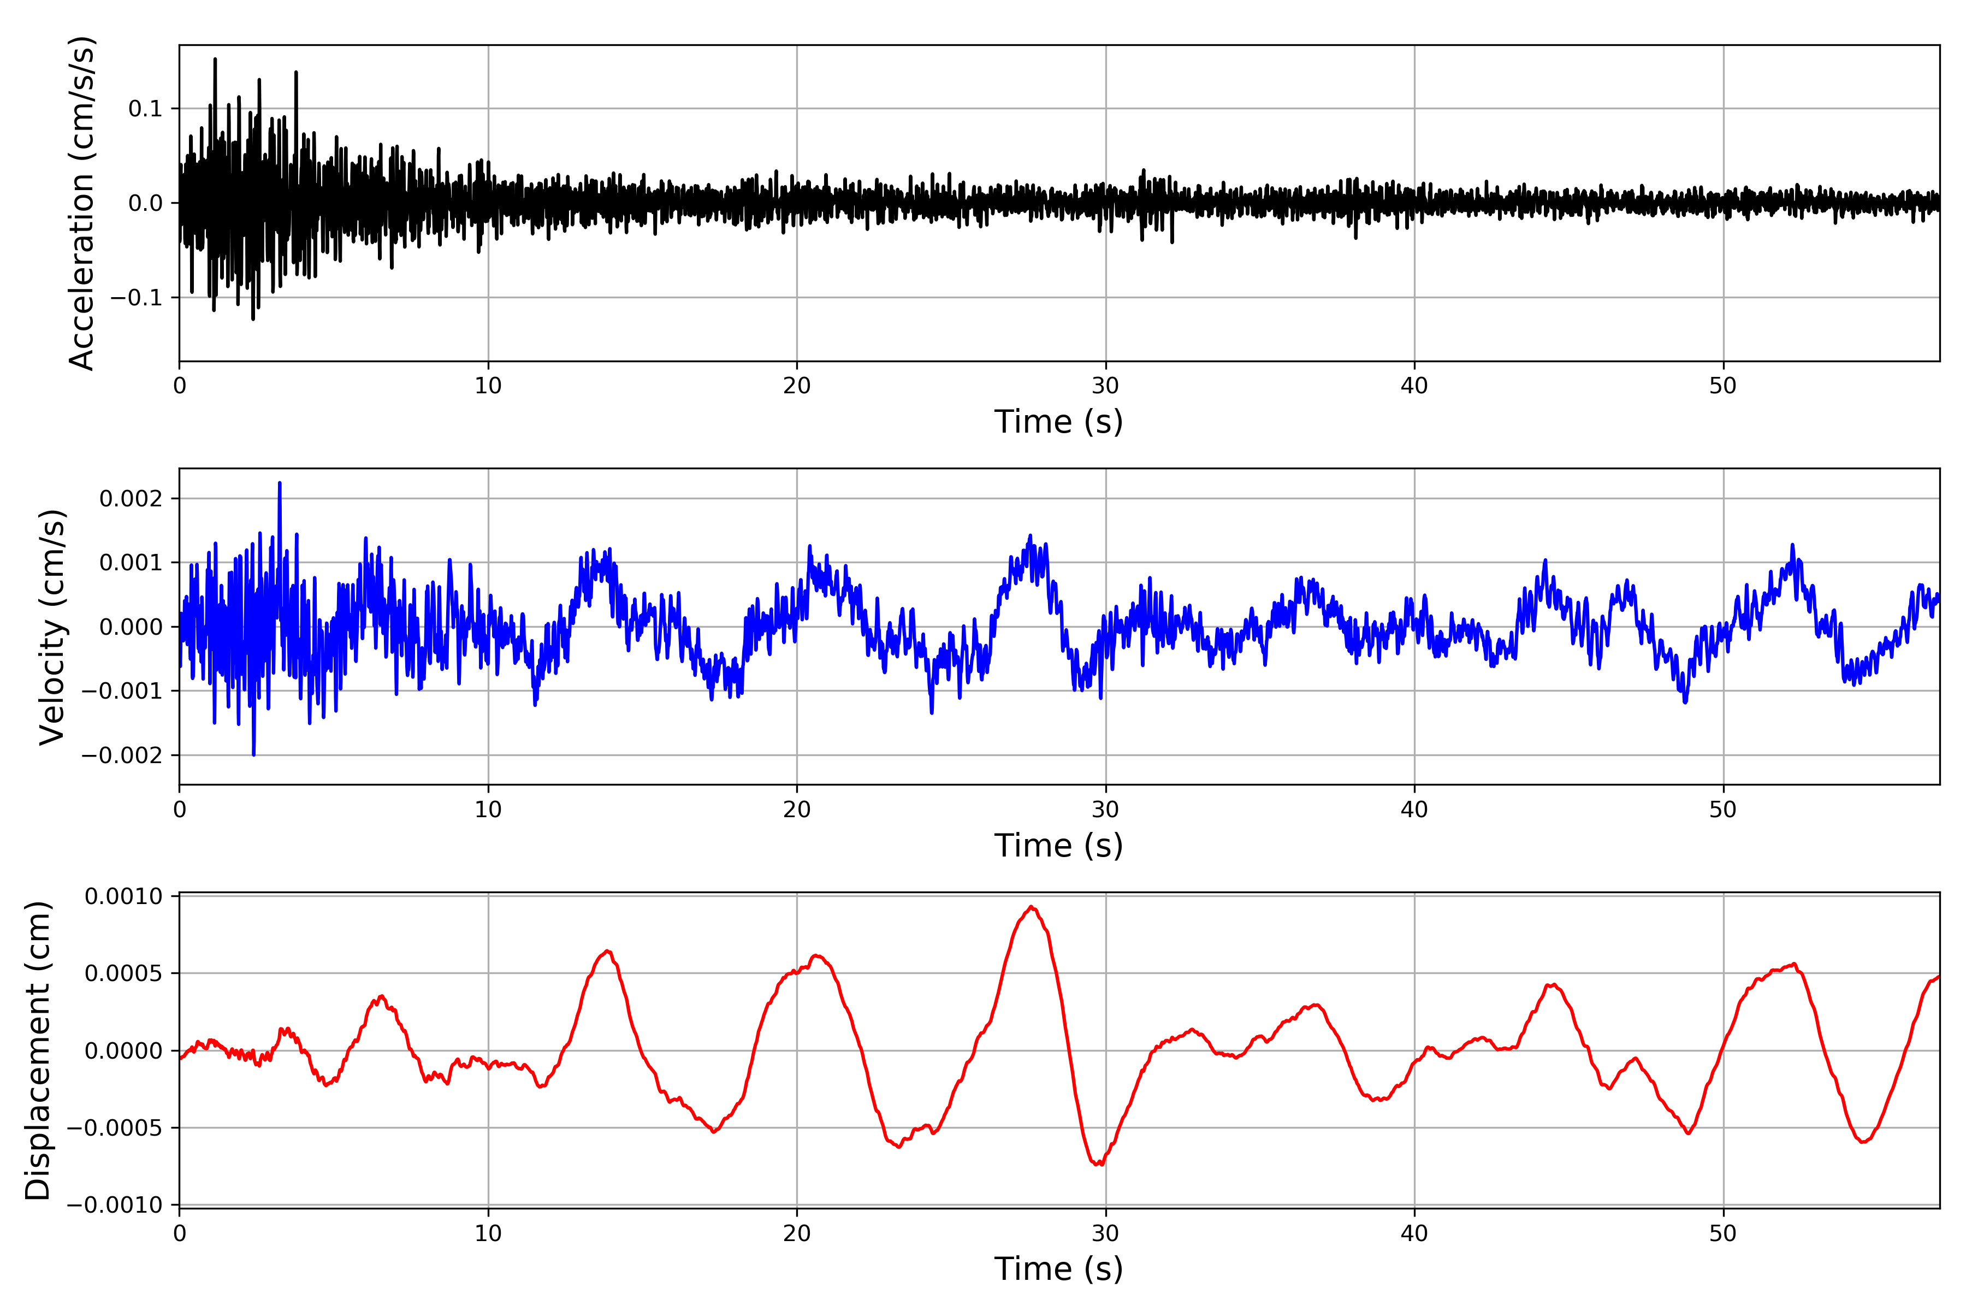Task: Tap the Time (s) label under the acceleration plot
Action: pyautogui.click(x=1058, y=421)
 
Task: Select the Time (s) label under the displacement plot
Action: pyautogui.click(x=1058, y=1268)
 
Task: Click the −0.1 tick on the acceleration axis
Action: pyautogui.click(x=136, y=298)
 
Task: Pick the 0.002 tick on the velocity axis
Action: pyautogui.click(x=131, y=499)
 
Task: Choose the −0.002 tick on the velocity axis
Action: pyautogui.click(x=121, y=755)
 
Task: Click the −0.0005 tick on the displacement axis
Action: pyautogui.click(x=115, y=1128)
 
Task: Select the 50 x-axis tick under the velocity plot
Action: pyautogui.click(x=1723, y=810)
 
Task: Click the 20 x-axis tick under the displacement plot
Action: pyautogui.click(x=797, y=1233)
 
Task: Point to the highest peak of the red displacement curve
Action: pyautogui.click(x=1032, y=907)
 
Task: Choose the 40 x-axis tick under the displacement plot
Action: pyautogui.click(x=1414, y=1233)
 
